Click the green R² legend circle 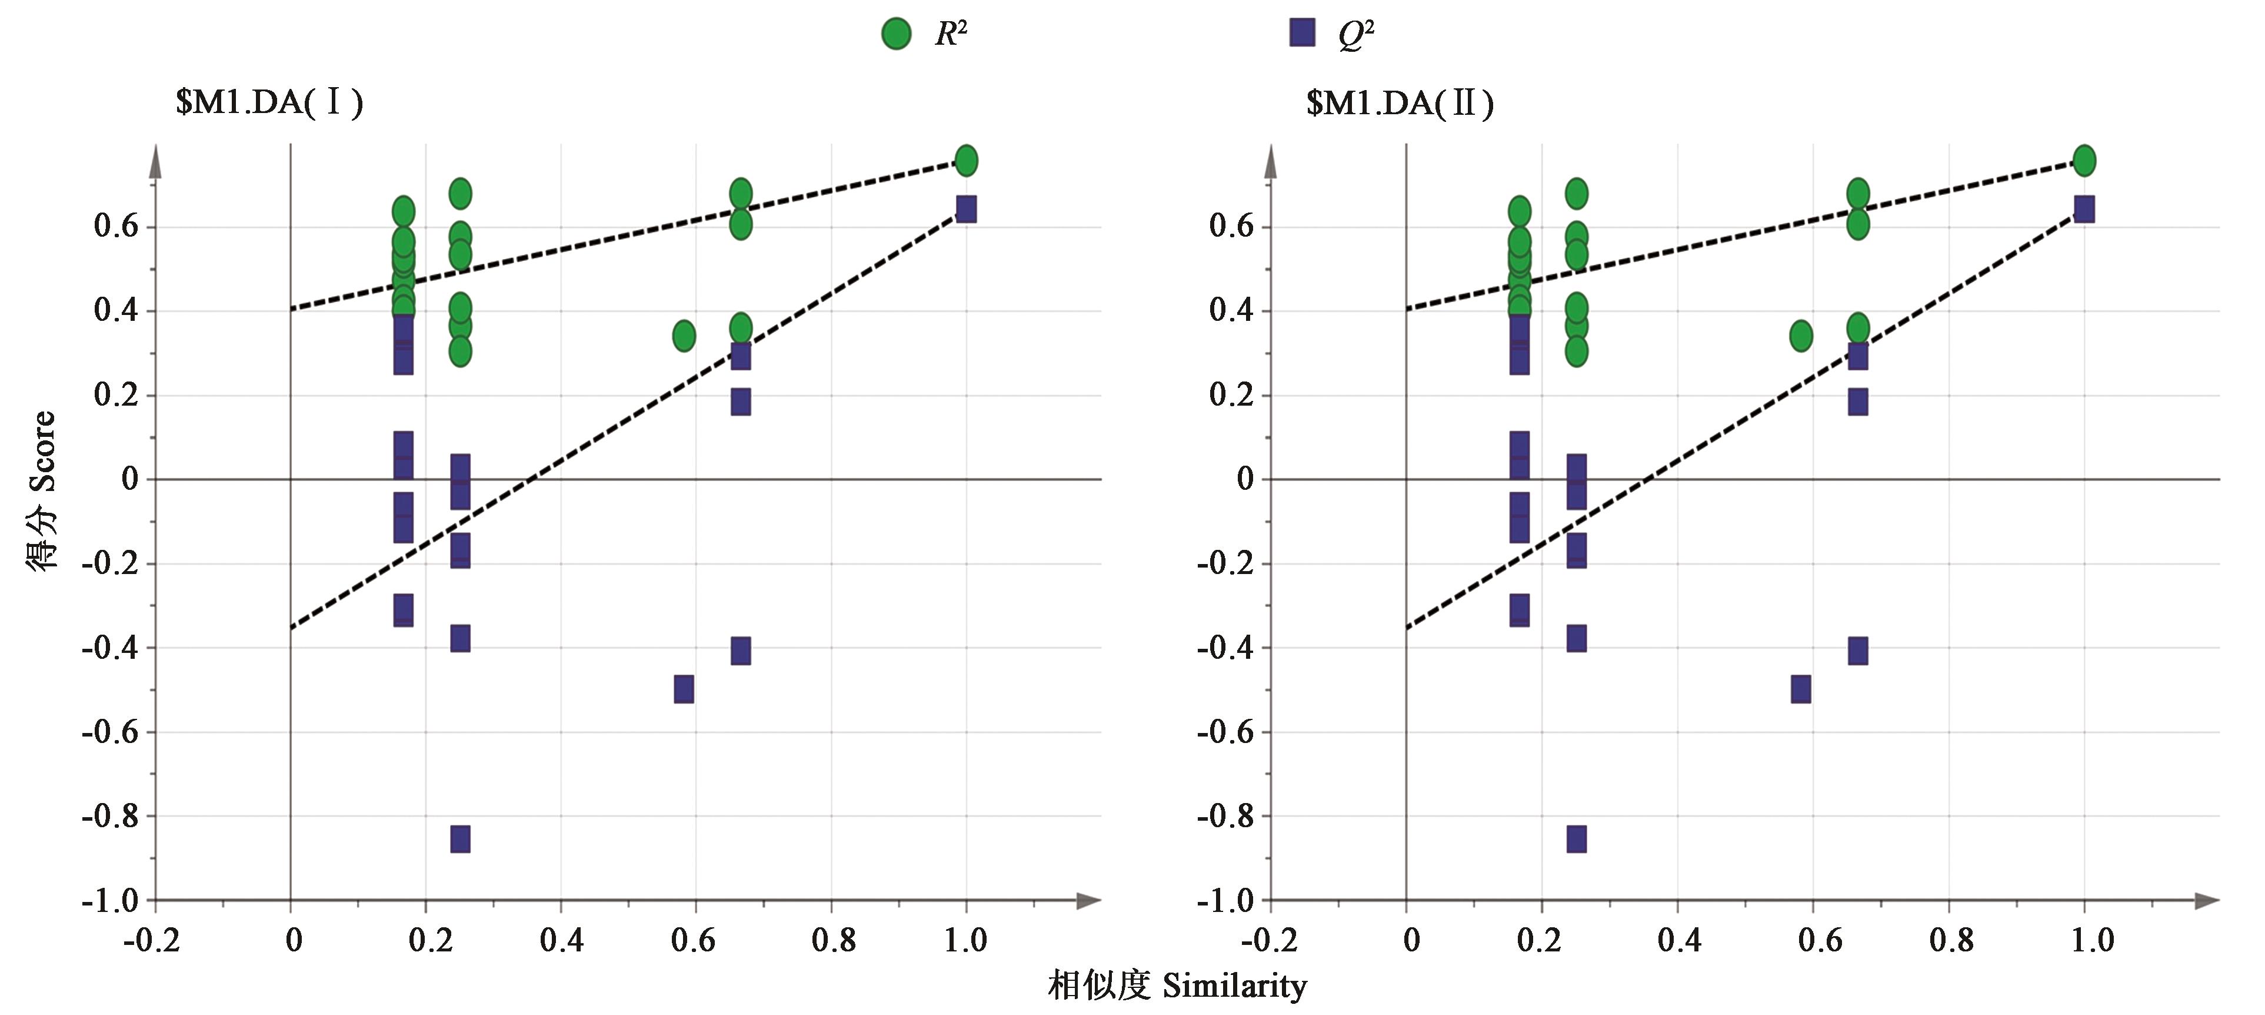point(896,34)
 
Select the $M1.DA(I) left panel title point(269,103)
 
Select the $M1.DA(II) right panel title point(1400,103)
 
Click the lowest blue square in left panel point(460,839)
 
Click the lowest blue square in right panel point(1577,839)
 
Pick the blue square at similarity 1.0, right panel point(2084,210)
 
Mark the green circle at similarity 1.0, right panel point(2084,160)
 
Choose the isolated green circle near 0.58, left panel point(684,335)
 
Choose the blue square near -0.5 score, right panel point(1801,689)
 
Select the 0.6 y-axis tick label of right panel point(1231,226)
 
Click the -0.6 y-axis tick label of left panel point(110,732)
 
